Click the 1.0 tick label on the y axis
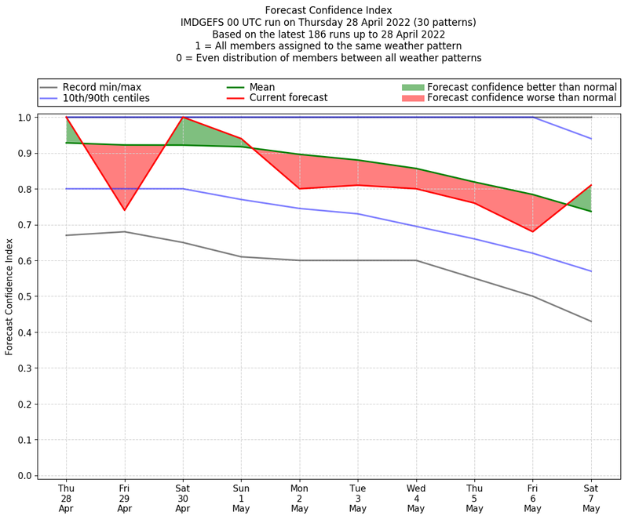25,118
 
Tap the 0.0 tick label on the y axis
25,476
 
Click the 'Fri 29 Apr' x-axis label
124,498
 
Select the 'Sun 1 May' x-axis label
241,498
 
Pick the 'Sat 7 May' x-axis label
591,498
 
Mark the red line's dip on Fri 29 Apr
124,210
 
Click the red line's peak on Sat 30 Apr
183,118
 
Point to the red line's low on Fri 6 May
533,231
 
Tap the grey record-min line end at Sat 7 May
591,321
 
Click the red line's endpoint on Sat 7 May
591,185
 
